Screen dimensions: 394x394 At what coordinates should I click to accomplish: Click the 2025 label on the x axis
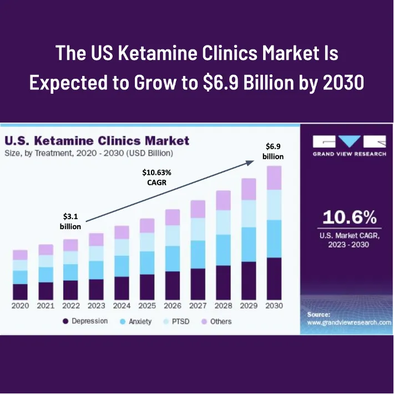click(x=147, y=306)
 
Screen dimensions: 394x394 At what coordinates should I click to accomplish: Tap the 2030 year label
click(x=274, y=306)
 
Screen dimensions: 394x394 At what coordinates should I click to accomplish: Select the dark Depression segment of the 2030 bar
click(x=274, y=278)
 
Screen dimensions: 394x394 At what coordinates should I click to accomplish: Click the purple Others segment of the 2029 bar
click(x=249, y=189)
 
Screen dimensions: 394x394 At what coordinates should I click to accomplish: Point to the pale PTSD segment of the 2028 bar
click(x=223, y=222)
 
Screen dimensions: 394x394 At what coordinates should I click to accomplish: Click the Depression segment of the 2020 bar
click(x=20, y=291)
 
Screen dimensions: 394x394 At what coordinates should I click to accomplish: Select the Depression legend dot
click(x=65, y=321)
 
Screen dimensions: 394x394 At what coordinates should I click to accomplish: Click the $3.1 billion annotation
click(x=70, y=220)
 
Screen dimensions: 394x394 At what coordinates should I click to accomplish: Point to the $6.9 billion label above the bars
click(x=273, y=150)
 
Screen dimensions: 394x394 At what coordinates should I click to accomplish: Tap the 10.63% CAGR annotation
click(x=153, y=176)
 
